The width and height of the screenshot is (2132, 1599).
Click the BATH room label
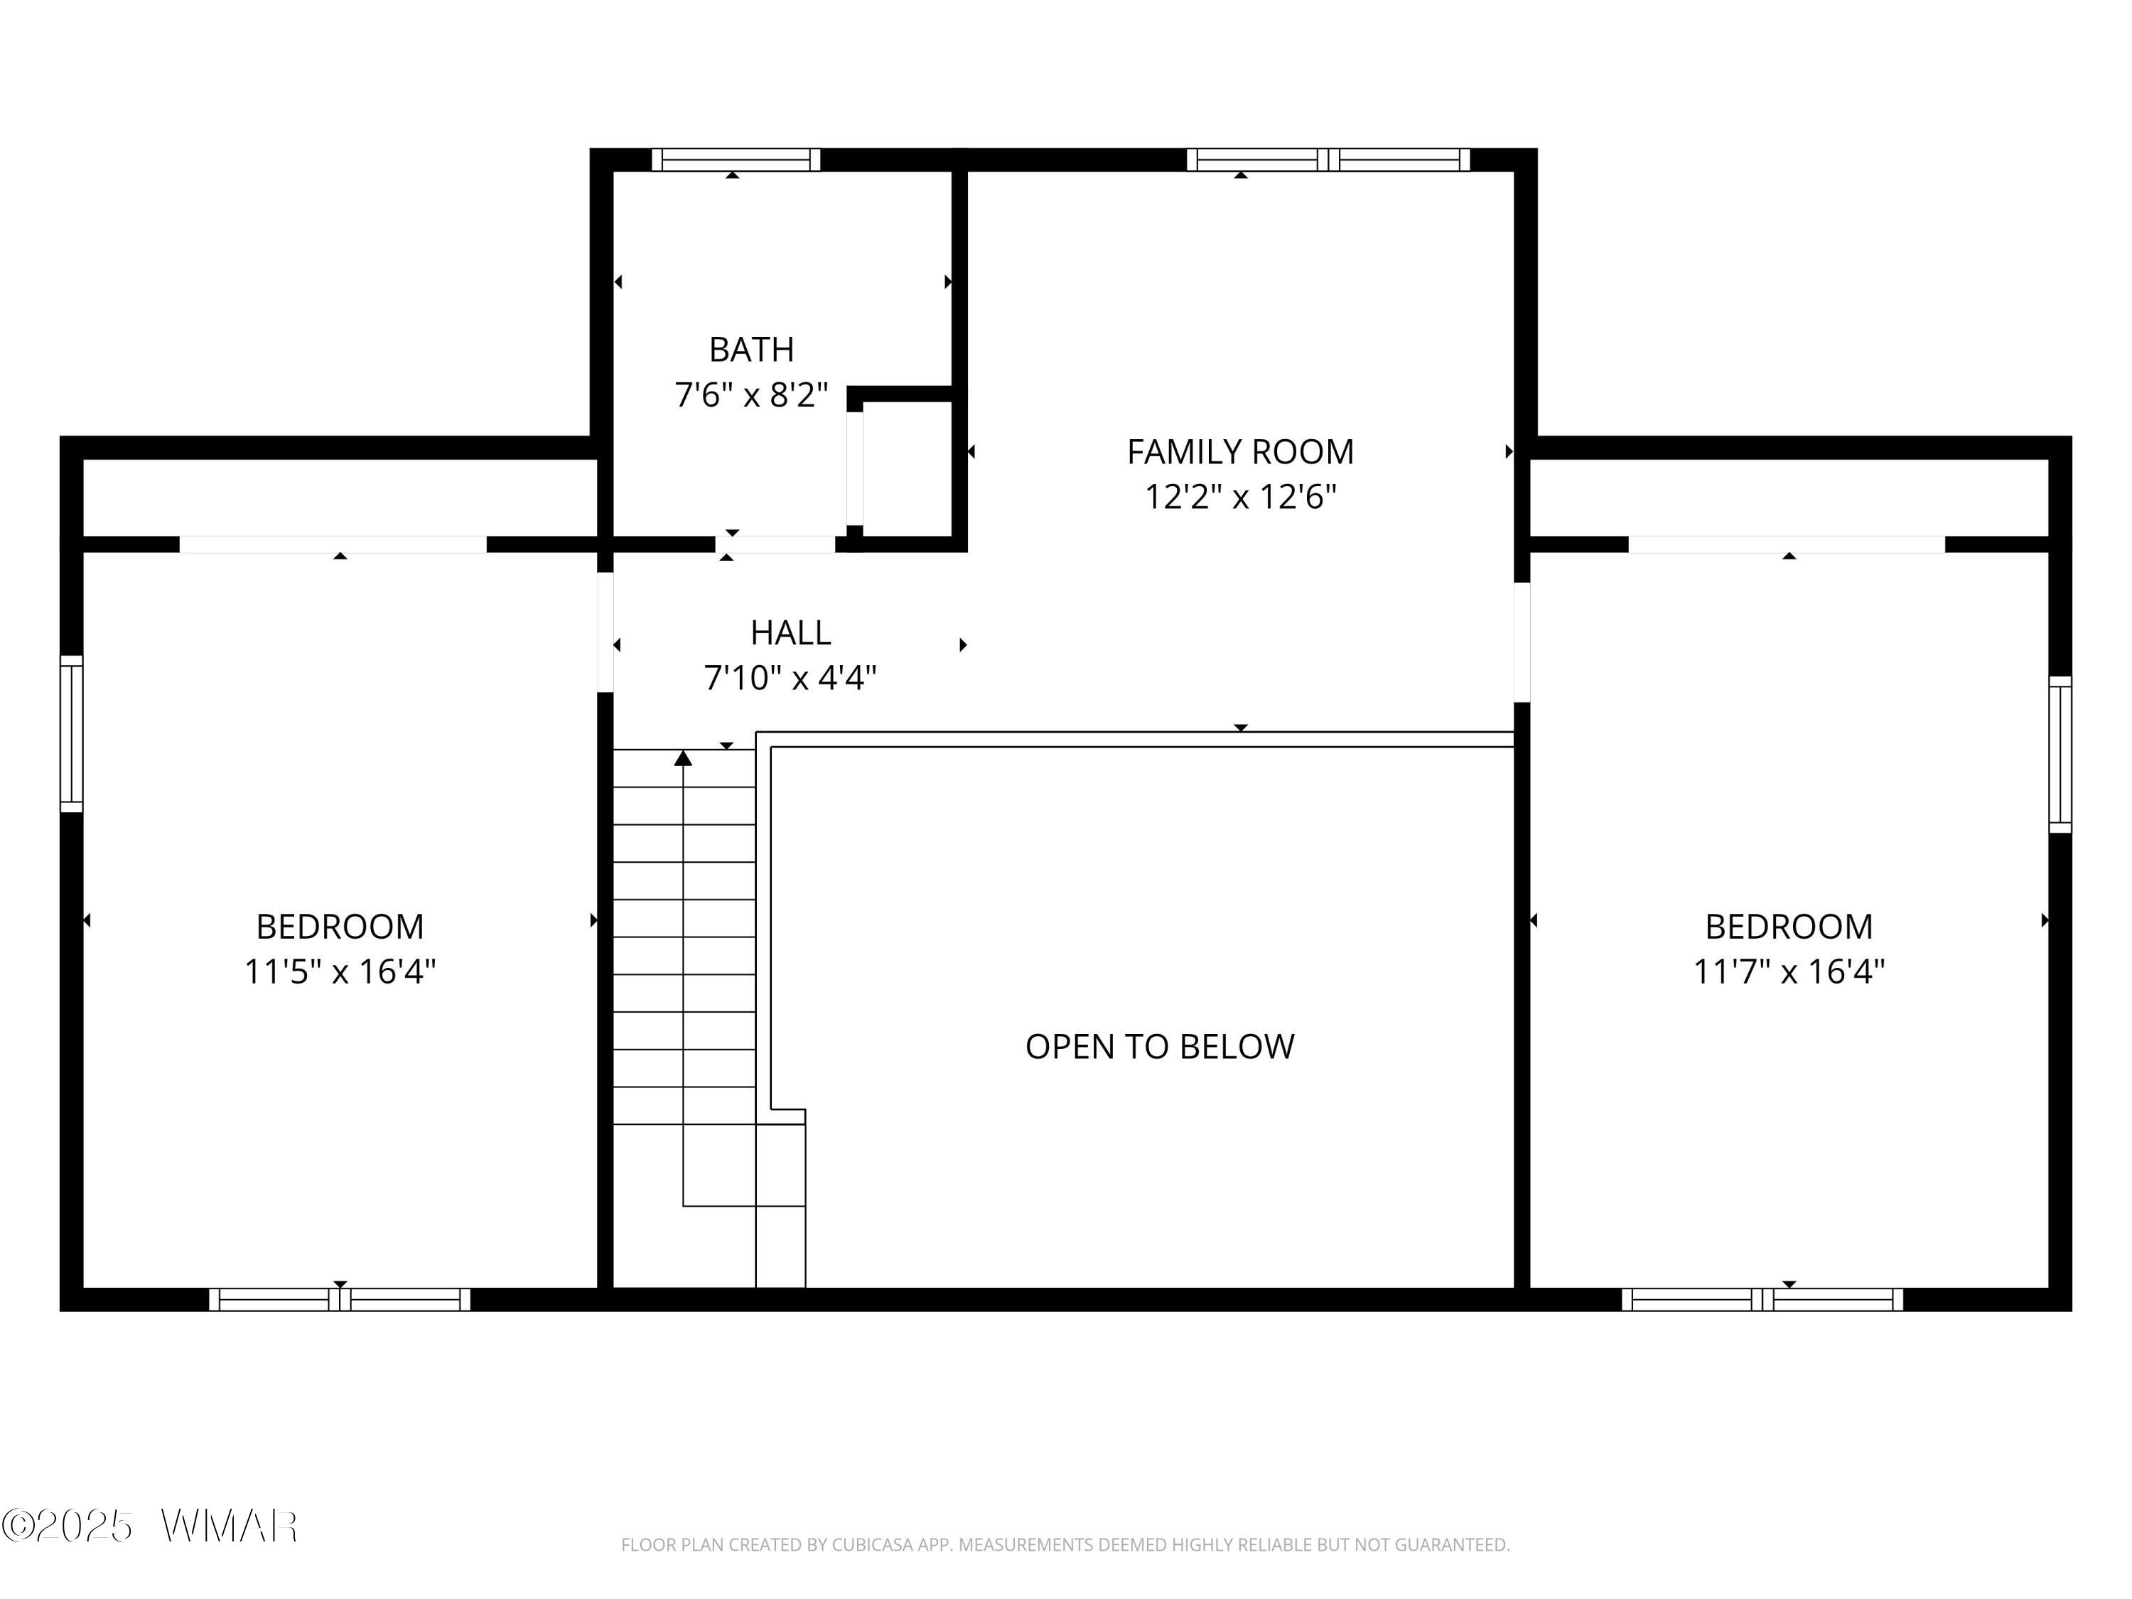pyautogui.click(x=752, y=349)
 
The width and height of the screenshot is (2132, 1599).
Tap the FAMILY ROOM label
pyautogui.click(x=1240, y=451)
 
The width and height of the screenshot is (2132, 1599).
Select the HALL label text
pyautogui.click(x=790, y=632)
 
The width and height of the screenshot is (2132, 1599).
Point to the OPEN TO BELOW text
pyautogui.click(x=1160, y=1046)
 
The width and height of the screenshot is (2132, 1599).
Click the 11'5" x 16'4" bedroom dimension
pyautogui.click(x=340, y=971)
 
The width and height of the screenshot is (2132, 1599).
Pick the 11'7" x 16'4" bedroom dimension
pyautogui.click(x=1789, y=971)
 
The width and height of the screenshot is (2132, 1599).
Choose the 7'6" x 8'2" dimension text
pyautogui.click(x=752, y=395)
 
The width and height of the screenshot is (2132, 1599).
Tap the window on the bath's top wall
pyautogui.click(x=736, y=159)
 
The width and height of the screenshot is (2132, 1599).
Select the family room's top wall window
pyautogui.click(x=1328, y=159)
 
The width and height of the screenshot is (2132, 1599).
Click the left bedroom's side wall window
pyautogui.click(x=71, y=733)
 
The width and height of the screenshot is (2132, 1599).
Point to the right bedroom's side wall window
pyautogui.click(x=2060, y=754)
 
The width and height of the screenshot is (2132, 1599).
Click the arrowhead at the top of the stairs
pyautogui.click(x=684, y=758)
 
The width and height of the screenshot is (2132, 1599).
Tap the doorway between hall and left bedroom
pyautogui.click(x=605, y=632)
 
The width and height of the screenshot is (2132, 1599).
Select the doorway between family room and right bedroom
pyautogui.click(x=1522, y=642)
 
